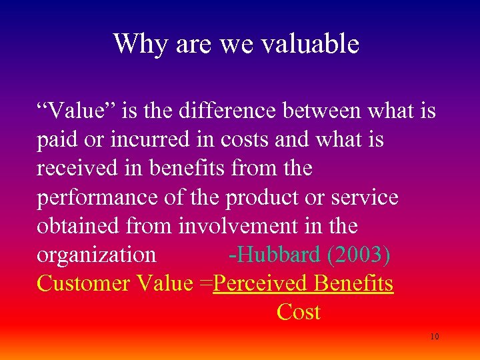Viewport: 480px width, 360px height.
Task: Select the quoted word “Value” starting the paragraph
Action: click(x=69, y=111)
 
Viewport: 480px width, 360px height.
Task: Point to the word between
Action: click(x=319, y=111)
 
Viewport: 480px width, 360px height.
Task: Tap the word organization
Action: click(x=97, y=255)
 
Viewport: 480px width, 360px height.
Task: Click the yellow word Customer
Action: click(x=83, y=283)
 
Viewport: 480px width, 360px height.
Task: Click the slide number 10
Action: click(x=434, y=337)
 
